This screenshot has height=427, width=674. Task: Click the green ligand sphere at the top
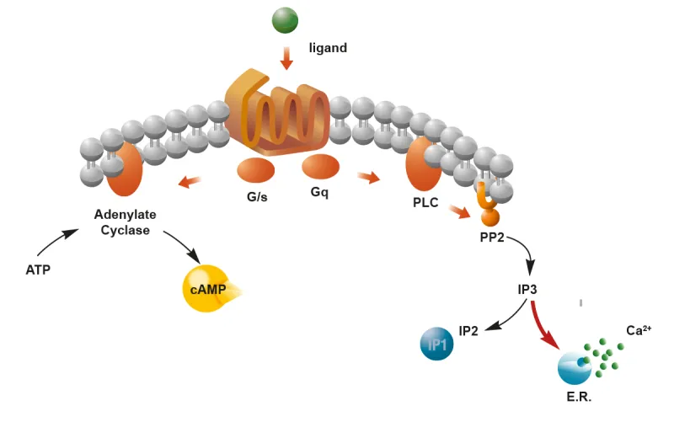click(x=286, y=19)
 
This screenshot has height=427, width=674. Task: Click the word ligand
click(x=328, y=48)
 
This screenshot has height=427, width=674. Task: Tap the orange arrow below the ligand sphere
click(x=286, y=58)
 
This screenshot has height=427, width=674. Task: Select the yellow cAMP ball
click(x=205, y=289)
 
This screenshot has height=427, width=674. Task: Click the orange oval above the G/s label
click(x=256, y=170)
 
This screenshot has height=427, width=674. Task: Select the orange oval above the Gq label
click(x=320, y=166)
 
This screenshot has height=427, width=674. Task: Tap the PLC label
click(x=426, y=204)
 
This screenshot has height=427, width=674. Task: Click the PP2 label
click(x=492, y=238)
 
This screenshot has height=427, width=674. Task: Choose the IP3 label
click(x=527, y=289)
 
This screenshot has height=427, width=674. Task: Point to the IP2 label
click(x=468, y=331)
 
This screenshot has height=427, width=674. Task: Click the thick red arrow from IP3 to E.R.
click(x=543, y=325)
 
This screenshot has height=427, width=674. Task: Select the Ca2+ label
click(x=639, y=331)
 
